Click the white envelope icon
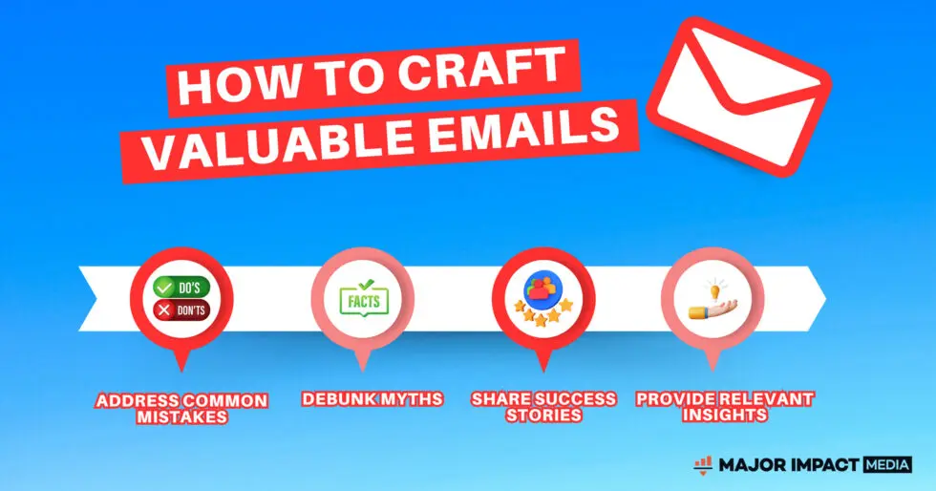coord(739,96)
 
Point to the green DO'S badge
coord(181,288)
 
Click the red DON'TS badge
coord(181,310)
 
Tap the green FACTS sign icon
coord(364,298)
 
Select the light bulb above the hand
coord(713,290)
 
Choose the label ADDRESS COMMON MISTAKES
coord(181,409)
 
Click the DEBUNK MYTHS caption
coord(372,399)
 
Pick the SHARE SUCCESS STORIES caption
coord(543,407)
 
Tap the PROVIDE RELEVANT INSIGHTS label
coord(724,407)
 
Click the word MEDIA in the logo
coord(886,464)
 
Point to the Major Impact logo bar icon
coord(703,464)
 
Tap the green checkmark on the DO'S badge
coord(163,288)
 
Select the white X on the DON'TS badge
coord(163,310)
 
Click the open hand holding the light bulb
coord(713,310)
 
